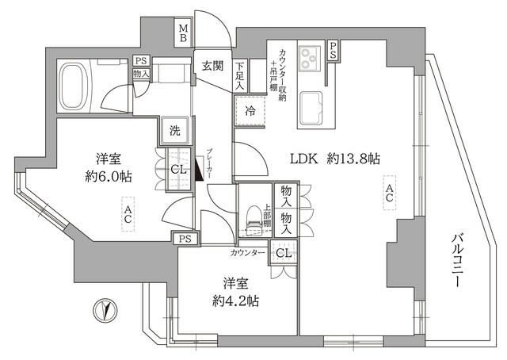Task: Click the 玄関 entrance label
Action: tap(212, 67)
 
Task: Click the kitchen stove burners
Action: tap(309, 57)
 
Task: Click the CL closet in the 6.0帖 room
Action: tap(177, 167)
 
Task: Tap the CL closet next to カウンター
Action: tap(281, 254)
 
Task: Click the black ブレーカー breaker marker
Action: tap(198, 168)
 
